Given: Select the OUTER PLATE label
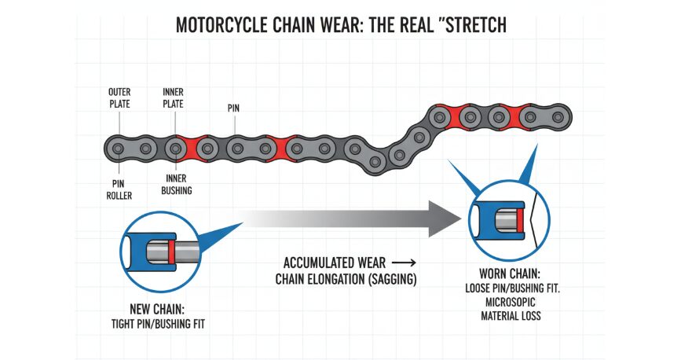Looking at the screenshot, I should coord(119,98).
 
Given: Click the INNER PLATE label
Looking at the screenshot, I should coord(174,98).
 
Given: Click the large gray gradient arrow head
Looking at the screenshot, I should coord(445,216).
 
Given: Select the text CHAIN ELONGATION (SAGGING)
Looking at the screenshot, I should coord(345,278).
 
